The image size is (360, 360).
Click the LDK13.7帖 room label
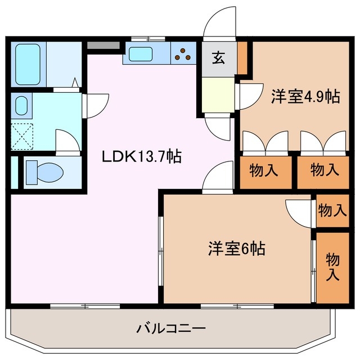tap(141, 156)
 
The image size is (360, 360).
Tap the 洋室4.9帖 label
tap(305, 96)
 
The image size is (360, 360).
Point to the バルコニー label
tap(170, 328)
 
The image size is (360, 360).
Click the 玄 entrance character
tap(218, 58)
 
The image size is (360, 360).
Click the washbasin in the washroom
tap(21, 105)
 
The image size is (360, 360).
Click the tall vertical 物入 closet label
tap(332, 267)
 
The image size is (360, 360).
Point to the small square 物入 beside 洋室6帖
tap(332, 211)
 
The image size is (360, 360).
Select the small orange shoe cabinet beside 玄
tap(242, 57)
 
